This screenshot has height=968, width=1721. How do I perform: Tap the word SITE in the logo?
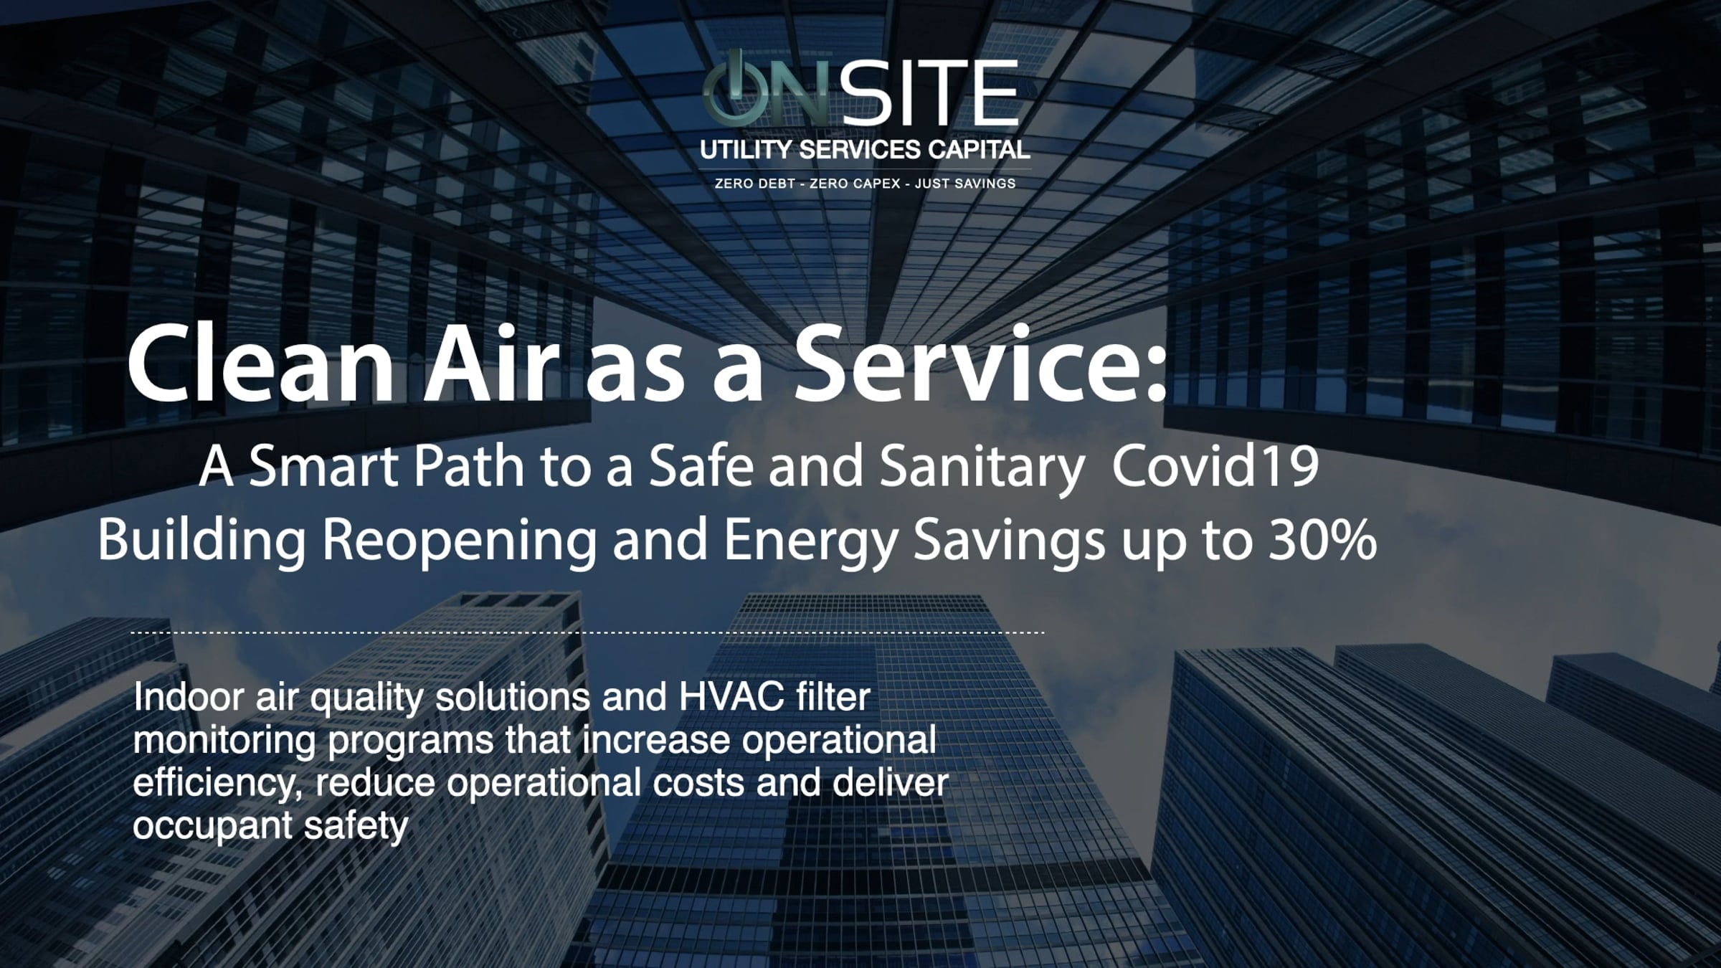point(929,92)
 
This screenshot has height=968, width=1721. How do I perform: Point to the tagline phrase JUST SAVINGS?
point(965,184)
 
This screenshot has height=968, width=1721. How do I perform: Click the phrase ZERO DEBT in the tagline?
point(755,184)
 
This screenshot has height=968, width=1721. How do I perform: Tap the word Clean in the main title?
point(261,364)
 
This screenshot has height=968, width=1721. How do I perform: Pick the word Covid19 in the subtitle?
point(1215,465)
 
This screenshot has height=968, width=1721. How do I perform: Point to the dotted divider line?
point(587,632)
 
